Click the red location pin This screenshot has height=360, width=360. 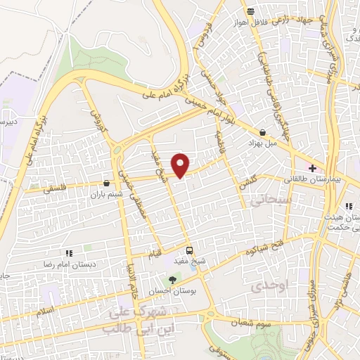click(181, 164)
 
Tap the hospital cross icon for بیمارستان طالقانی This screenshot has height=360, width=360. click(312, 168)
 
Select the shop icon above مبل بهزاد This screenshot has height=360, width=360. click(262, 132)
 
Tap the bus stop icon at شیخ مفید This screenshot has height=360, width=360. click(189, 250)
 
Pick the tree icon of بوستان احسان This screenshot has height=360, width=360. click(173, 280)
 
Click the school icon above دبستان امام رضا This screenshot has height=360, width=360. click(68, 253)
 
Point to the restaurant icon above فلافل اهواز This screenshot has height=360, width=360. click(250, 11)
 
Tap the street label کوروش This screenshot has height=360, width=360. click(94, 114)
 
